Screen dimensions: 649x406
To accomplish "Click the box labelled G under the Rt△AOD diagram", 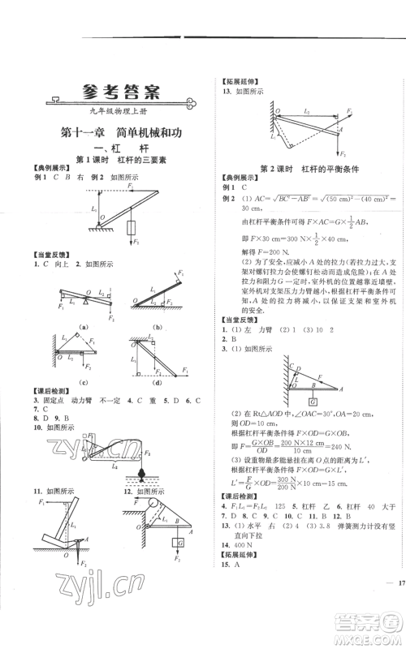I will (311, 399).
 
